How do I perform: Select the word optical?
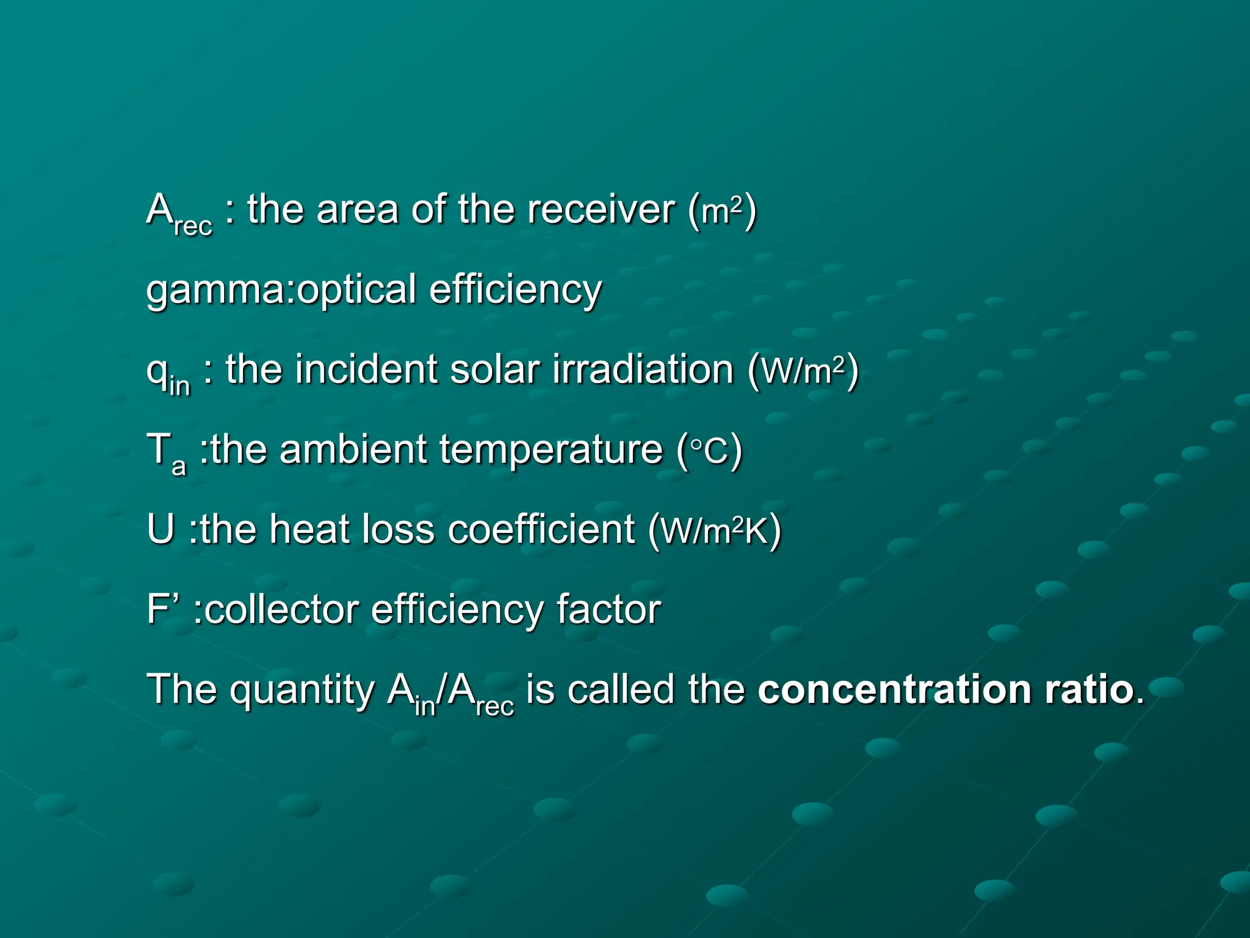click(356, 289)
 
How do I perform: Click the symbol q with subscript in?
click(167, 373)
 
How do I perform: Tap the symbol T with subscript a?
click(165, 453)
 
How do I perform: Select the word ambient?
click(353, 449)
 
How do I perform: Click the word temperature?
click(551, 451)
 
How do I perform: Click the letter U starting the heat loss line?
click(161, 529)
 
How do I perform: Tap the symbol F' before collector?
click(164, 609)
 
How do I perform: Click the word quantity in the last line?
click(302, 690)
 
